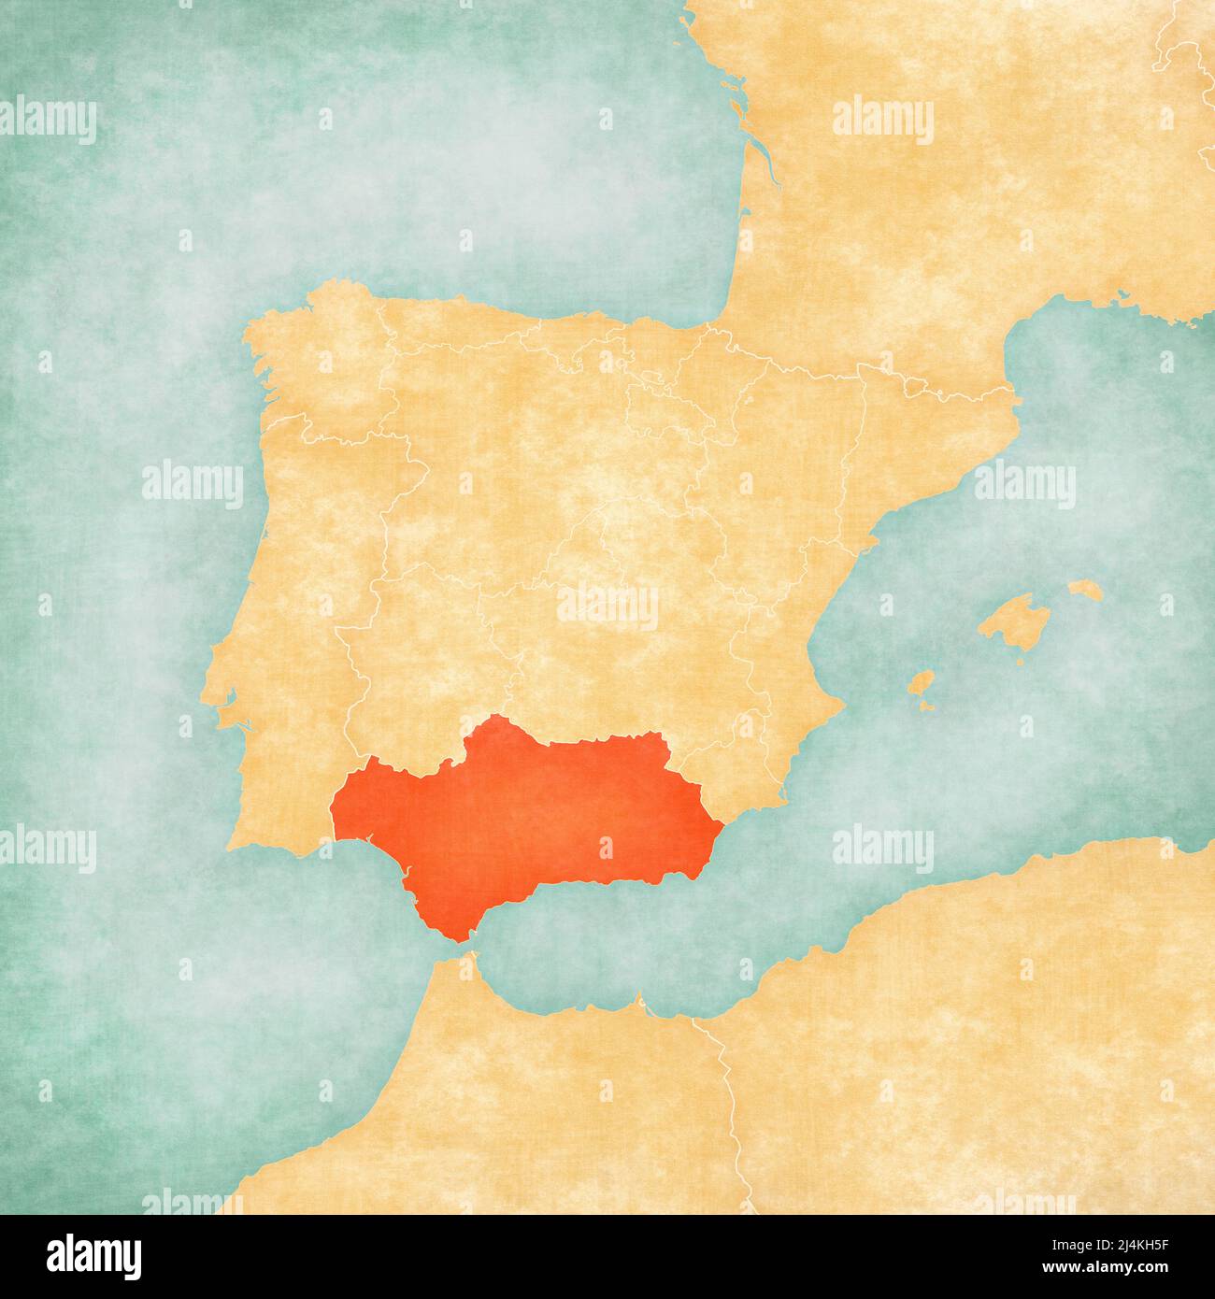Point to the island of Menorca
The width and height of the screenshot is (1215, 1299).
(1084, 590)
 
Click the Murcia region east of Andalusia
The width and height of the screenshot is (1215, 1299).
(748, 757)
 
